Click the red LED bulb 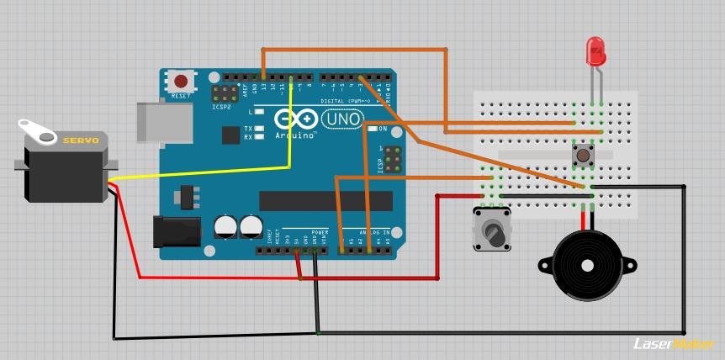point(596,51)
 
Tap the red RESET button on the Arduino point(181,82)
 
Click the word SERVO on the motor point(81,140)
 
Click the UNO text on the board point(341,119)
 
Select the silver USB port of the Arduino point(163,122)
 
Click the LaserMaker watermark point(673,343)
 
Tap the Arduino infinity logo point(295,119)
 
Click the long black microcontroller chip point(325,200)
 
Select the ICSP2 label point(222,108)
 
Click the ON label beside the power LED point(383,129)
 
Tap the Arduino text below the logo point(296,135)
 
